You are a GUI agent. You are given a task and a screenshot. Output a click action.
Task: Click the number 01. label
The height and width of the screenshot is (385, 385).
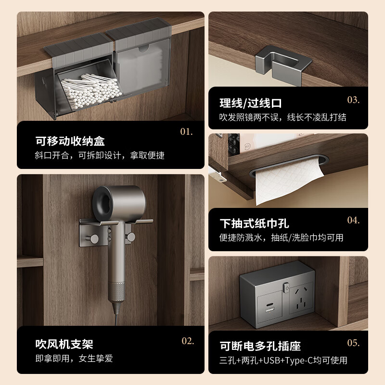[x=186, y=131]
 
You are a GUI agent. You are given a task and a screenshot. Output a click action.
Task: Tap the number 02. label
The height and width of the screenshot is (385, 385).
[x=188, y=341]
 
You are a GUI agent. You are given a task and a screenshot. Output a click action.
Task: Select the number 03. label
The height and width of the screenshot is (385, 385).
[x=353, y=100]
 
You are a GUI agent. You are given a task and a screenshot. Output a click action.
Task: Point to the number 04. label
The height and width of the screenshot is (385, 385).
[x=353, y=220]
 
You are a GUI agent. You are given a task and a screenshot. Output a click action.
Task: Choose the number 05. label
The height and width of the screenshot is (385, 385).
[x=353, y=343]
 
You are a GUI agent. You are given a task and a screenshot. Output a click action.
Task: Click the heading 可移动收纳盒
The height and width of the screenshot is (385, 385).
[x=70, y=141]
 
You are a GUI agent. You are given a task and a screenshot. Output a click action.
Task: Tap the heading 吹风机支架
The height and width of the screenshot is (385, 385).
[x=64, y=345]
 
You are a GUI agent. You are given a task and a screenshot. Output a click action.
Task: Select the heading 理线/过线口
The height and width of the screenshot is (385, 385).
[x=251, y=103]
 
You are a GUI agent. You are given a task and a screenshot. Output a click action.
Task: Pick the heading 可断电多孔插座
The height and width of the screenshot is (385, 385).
[x=260, y=346]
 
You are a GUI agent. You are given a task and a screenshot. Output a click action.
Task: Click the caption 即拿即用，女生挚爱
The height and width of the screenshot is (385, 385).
[x=74, y=359]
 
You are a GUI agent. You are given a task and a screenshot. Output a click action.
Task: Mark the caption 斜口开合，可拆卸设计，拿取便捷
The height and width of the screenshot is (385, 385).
[x=100, y=155]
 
